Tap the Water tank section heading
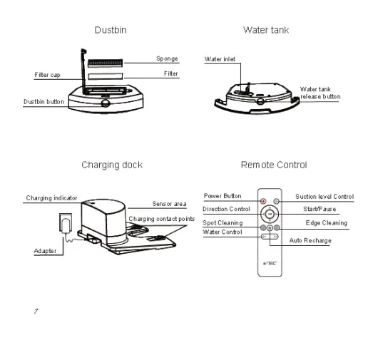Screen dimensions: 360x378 click(x=267, y=31)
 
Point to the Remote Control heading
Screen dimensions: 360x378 click(x=273, y=165)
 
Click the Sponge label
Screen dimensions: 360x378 click(x=167, y=59)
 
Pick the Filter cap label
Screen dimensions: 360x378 click(x=48, y=74)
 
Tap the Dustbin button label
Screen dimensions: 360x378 click(x=43, y=102)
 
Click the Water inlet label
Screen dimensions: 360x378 click(x=220, y=59)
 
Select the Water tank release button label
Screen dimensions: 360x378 click(x=320, y=92)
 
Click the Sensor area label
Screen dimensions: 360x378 click(x=169, y=205)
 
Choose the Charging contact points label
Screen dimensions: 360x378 click(x=161, y=218)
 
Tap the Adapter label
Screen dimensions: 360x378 click(x=45, y=251)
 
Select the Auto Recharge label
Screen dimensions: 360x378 click(x=311, y=241)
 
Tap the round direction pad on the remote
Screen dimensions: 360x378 click(x=269, y=212)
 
